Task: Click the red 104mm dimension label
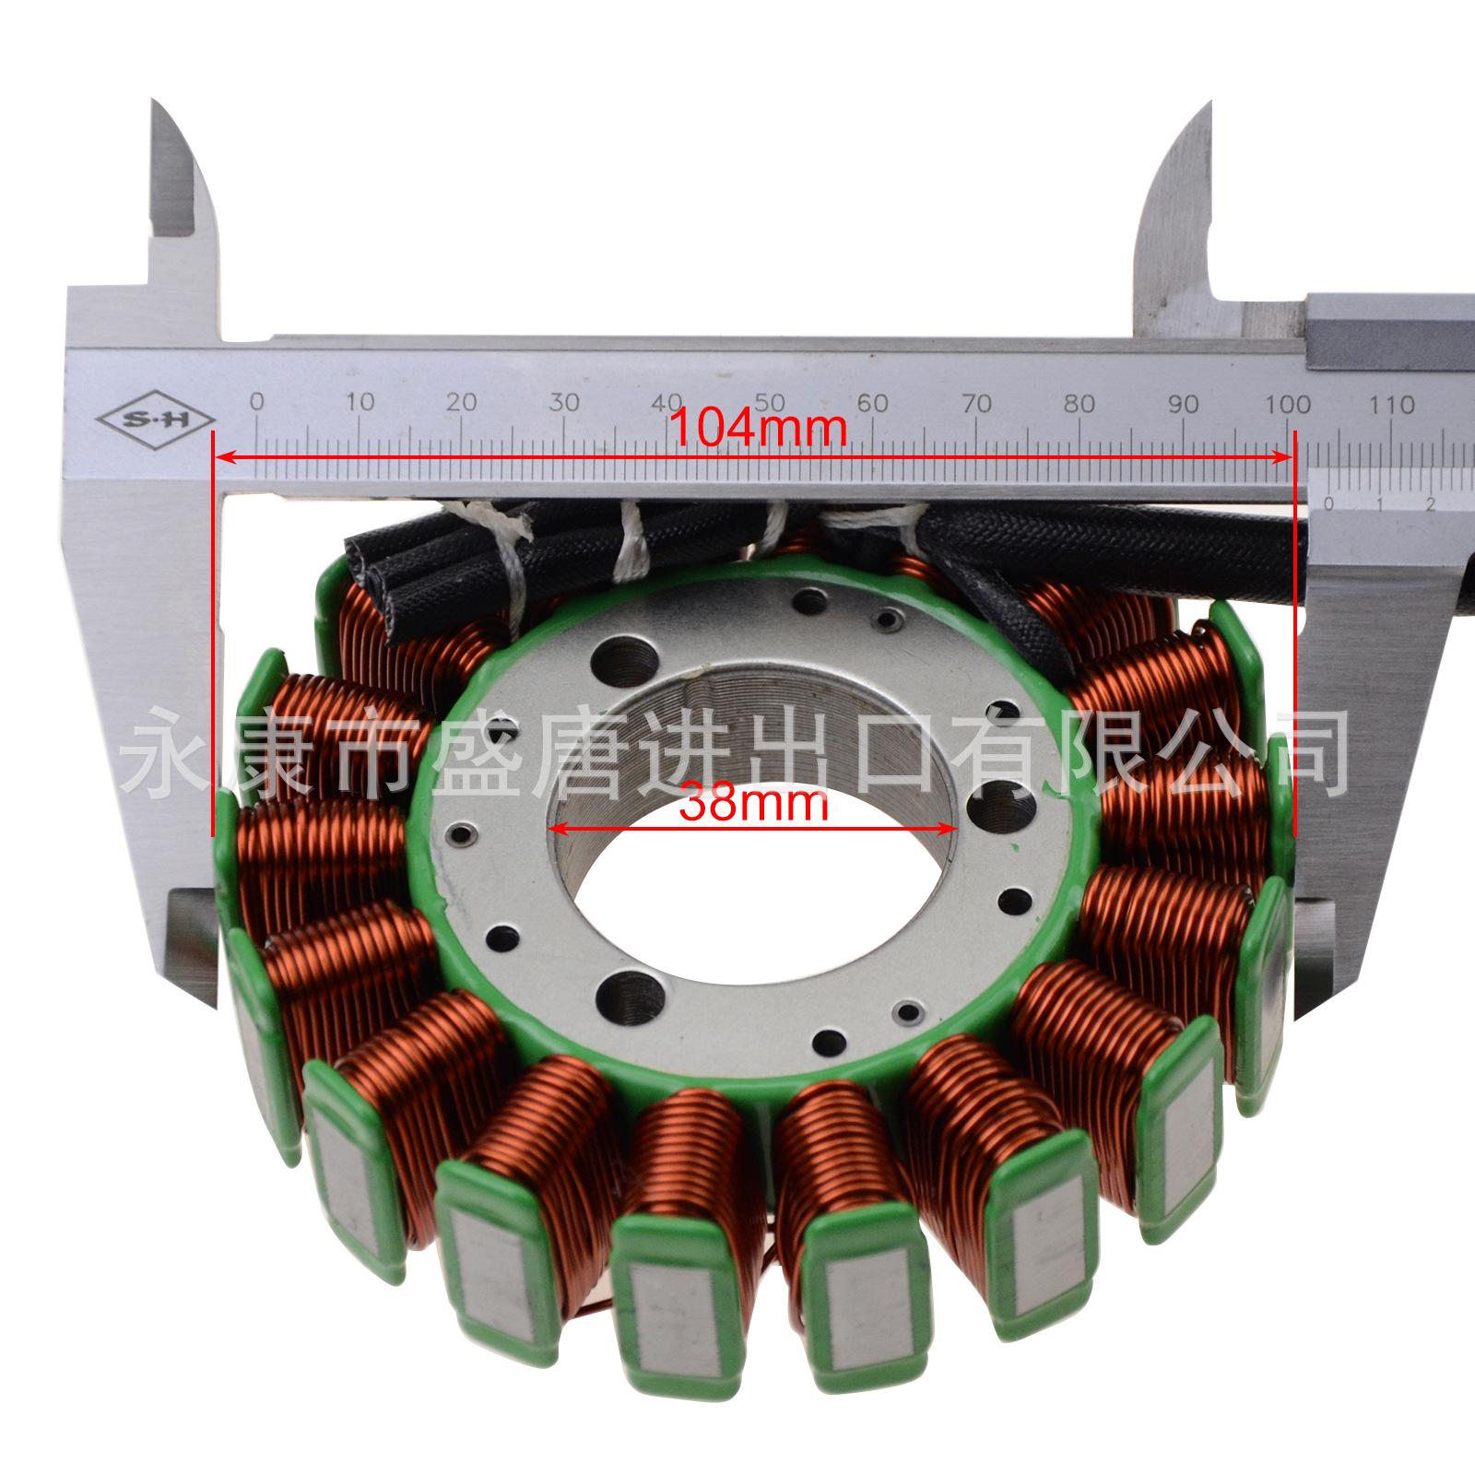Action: pos(758,428)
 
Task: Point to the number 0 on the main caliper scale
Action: pos(257,402)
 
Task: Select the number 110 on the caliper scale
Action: pos(1392,404)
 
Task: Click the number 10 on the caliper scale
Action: pos(360,402)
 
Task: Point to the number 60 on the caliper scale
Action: pos(874,403)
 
